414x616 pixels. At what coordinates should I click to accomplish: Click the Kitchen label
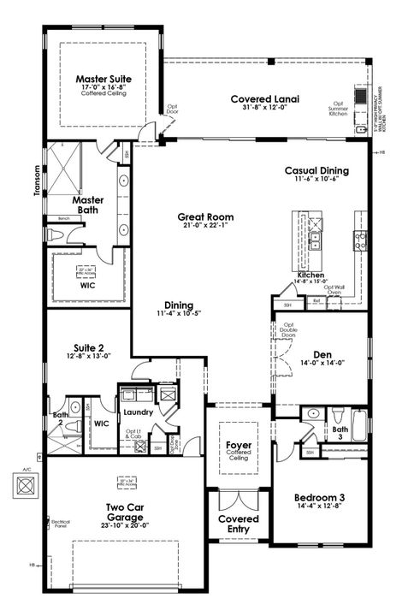310,275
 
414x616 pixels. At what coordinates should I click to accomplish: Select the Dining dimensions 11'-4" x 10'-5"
180,314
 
